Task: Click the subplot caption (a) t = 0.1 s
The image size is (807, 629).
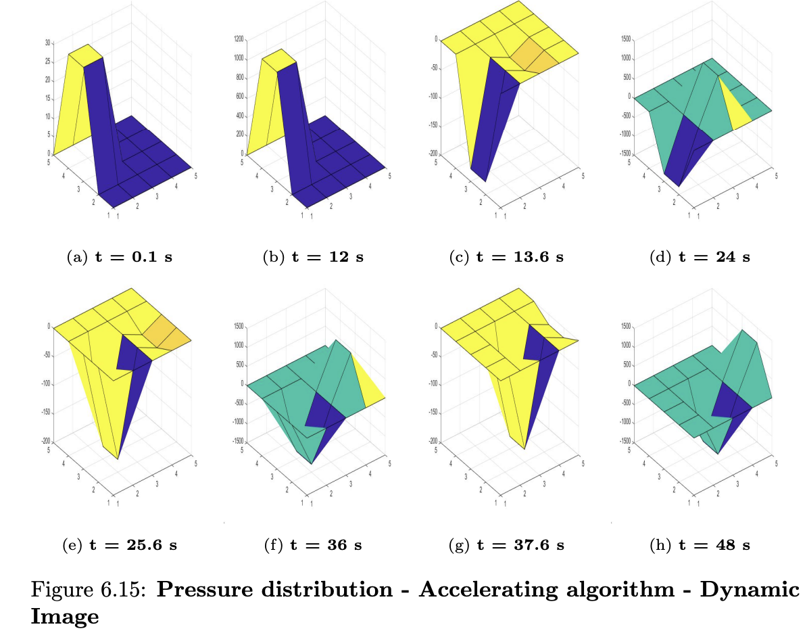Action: coord(119,258)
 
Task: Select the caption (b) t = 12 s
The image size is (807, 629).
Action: coord(313,258)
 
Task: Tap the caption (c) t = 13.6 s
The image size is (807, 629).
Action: coord(506,258)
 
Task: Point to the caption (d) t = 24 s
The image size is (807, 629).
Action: coord(700,258)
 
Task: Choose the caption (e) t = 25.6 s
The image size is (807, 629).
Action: coord(119,545)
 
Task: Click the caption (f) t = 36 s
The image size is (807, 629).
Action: coord(313,545)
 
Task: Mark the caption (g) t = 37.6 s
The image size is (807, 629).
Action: coord(506,545)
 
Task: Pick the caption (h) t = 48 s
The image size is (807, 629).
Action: coord(700,545)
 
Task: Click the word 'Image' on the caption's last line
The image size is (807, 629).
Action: coord(65,616)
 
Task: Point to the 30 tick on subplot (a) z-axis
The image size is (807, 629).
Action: coord(47,43)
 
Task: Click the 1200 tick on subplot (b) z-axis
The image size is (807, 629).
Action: coord(239,40)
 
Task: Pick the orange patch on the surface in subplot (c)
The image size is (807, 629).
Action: coord(534,57)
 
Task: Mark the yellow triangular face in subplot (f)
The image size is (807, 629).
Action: coord(368,382)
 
